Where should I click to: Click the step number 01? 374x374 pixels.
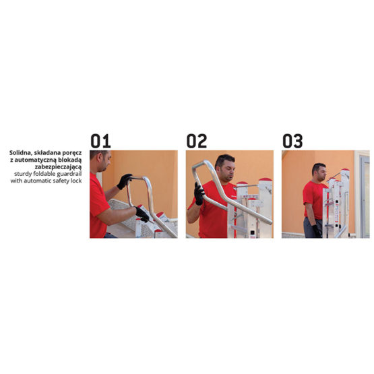tap(100, 141)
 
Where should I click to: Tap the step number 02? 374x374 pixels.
tap(197, 141)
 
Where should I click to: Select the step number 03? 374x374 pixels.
tap(292, 141)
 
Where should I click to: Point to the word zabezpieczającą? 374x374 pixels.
tap(58, 167)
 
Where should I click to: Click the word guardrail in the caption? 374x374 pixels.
tap(69, 174)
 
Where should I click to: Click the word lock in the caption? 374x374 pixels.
tap(76, 181)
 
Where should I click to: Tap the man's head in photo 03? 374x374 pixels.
tap(319, 172)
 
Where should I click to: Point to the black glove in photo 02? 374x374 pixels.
tap(199, 193)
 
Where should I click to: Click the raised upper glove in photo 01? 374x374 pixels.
tap(124, 181)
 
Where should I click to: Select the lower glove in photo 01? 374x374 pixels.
tap(142, 214)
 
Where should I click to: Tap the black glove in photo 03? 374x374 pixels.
tap(317, 231)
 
